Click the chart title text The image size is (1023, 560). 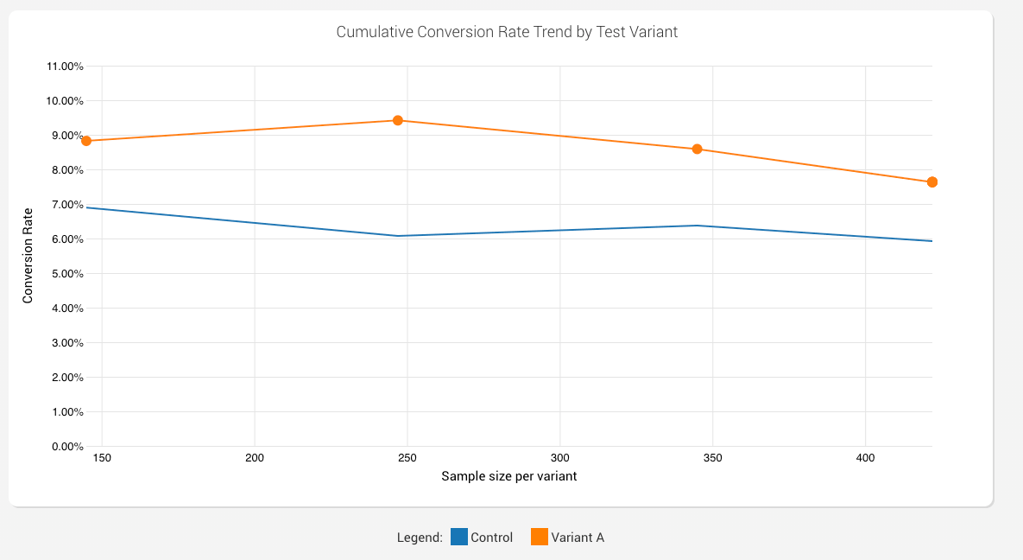(507, 32)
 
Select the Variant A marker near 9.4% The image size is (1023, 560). (398, 120)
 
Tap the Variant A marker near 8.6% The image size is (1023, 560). (697, 149)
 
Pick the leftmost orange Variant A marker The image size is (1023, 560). (86, 141)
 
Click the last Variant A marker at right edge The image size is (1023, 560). (932, 182)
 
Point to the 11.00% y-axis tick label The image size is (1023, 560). (63, 67)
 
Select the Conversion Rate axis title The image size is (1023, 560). (28, 256)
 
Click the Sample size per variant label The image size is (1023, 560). (508, 476)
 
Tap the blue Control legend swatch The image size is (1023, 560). (459, 537)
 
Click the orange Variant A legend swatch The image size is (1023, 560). (540, 537)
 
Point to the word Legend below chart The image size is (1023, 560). (420, 538)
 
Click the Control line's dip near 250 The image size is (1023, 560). (398, 236)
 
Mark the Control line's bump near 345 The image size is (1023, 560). (697, 226)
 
